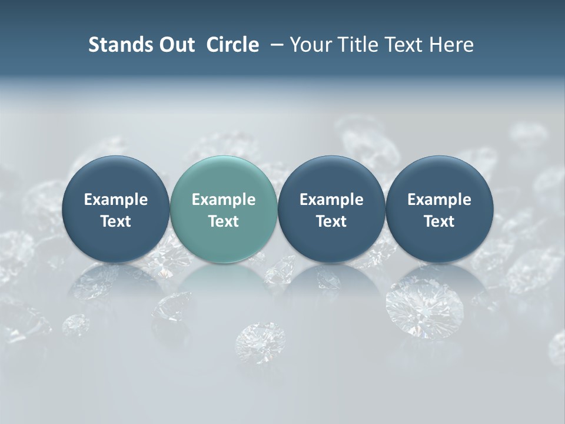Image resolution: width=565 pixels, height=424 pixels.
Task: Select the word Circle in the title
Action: (232, 45)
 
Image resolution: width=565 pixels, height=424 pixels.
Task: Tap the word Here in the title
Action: (451, 45)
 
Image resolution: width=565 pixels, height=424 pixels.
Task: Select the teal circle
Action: (224, 209)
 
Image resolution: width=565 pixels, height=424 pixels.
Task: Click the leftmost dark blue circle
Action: (116, 209)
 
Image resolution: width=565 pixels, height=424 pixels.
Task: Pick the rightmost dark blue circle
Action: (440, 209)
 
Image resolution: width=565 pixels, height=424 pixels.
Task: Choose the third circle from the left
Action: (331, 209)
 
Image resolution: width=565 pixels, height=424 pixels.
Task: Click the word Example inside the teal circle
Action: (224, 200)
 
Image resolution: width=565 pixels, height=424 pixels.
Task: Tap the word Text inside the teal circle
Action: (224, 221)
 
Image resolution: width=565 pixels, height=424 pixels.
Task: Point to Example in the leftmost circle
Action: (116, 200)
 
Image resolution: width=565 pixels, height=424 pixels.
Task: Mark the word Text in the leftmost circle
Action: (116, 221)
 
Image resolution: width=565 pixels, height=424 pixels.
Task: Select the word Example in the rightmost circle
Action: (440, 200)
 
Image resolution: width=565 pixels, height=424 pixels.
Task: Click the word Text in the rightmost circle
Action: (440, 221)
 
